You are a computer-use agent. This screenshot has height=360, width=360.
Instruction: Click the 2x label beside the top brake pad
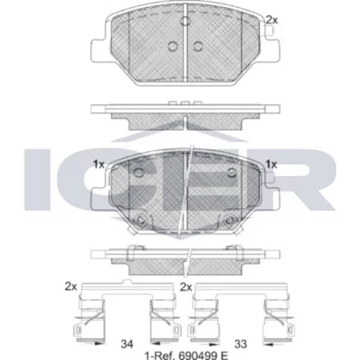272,20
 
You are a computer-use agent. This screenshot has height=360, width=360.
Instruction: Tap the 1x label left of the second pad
99,164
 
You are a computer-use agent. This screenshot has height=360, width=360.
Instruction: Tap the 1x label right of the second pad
271,164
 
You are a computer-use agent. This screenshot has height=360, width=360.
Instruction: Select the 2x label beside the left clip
71,287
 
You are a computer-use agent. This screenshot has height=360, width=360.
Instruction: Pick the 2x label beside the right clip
186,287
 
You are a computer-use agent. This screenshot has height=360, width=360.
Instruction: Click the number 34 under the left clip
127,344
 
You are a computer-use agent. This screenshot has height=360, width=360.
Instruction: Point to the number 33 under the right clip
240,344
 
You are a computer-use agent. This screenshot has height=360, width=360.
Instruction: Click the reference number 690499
196,356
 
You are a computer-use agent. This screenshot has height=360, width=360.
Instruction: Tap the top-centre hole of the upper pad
185,21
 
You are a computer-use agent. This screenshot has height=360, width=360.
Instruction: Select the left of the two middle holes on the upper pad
173,46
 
